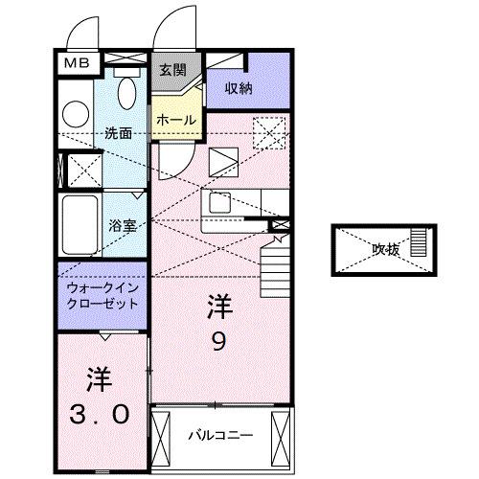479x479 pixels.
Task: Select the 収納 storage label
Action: tap(239, 88)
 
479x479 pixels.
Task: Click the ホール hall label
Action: tap(177, 120)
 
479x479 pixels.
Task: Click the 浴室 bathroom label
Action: tap(122, 227)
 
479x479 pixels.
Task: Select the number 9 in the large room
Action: tap(218, 342)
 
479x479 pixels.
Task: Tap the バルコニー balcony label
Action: tap(219, 435)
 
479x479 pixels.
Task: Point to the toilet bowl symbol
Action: tap(125, 91)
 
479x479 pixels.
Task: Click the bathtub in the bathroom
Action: tap(80, 227)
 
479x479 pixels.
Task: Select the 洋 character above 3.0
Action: tap(99, 377)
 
